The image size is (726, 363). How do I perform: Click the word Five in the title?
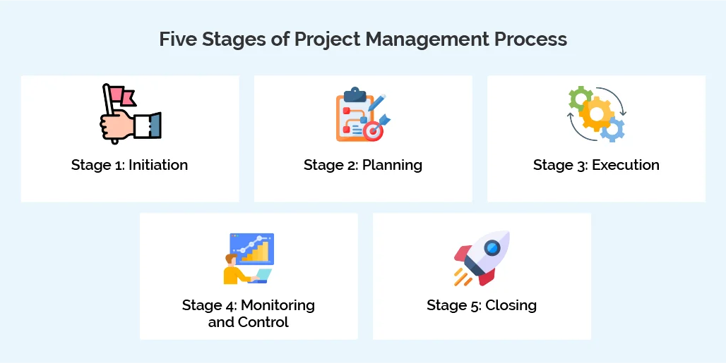pos(177,39)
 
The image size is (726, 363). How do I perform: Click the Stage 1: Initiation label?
pos(129,166)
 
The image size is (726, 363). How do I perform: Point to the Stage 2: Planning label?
pos(363,166)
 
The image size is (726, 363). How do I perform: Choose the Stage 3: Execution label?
pos(596,166)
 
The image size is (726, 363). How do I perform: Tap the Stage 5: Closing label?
pos(482,305)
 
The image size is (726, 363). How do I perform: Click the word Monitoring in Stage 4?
pos(278,305)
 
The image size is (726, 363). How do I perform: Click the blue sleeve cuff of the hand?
pos(154,125)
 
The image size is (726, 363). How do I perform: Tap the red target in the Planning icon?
pos(372,130)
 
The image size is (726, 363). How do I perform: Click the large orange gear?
pos(597,113)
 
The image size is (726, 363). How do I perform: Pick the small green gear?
pos(580,98)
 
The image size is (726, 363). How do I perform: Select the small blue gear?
pos(614,129)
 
